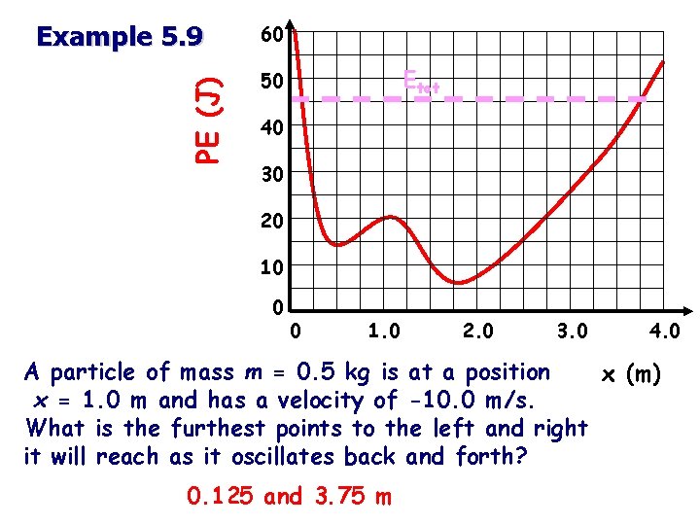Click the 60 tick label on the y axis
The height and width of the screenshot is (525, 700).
point(271,36)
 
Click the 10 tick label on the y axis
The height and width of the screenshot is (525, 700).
point(271,266)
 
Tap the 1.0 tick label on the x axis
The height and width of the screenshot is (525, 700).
point(385,332)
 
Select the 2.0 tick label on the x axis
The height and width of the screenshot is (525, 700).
point(476,332)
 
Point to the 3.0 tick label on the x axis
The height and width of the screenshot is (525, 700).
point(572,332)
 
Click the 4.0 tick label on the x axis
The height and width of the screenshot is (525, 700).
point(665,332)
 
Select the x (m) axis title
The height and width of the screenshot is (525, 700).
point(632,373)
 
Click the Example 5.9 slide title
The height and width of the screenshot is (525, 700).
point(120,37)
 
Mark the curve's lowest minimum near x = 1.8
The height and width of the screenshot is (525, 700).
point(459,283)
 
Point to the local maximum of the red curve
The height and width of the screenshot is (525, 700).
point(391,217)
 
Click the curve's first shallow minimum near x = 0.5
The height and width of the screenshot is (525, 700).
point(337,245)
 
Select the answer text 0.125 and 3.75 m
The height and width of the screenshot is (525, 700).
point(290,497)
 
